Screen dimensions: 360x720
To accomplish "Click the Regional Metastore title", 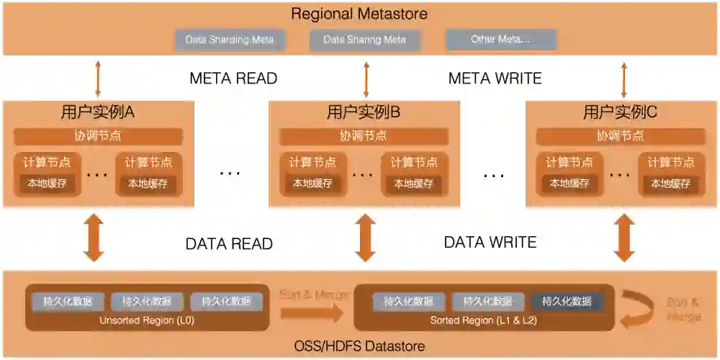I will (359, 14).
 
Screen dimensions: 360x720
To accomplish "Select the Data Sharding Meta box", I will (230, 40).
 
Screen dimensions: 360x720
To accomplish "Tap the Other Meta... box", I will (500, 40).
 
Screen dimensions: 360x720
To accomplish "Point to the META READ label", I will (233, 78).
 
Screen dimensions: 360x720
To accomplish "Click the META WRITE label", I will (495, 78).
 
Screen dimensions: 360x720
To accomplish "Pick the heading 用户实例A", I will (98, 112).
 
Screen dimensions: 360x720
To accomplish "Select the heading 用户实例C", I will (620, 112).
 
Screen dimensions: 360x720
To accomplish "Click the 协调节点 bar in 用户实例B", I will (364, 136).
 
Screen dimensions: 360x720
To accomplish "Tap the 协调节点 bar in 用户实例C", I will (620, 136).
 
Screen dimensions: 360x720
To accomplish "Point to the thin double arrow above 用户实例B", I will (366, 78).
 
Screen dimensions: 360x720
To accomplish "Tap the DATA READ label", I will (229, 244).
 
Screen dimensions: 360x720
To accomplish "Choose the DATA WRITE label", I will (490, 243).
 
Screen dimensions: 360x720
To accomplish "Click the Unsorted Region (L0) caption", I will (147, 320).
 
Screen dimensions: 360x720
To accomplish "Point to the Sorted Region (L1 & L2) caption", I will (484, 320).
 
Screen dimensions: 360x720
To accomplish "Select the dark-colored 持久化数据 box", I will (567, 302).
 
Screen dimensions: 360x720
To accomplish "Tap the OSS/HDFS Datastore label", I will (359, 346).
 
